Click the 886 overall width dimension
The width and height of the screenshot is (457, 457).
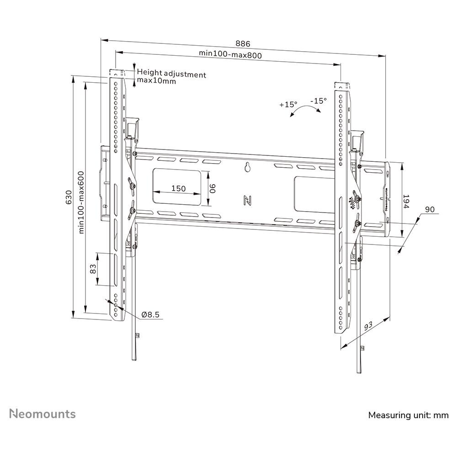click(243, 44)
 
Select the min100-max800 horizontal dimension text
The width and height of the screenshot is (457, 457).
click(230, 54)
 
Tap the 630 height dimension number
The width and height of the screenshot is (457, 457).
click(69, 197)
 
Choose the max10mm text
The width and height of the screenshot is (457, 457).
click(156, 80)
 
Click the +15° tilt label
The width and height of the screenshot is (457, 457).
click(288, 104)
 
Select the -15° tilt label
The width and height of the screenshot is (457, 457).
click(319, 101)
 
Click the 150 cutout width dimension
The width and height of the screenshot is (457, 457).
click(178, 188)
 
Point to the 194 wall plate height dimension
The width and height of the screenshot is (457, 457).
click(406, 202)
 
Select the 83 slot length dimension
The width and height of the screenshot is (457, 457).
click(93, 268)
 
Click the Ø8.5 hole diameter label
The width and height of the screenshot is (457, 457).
click(150, 314)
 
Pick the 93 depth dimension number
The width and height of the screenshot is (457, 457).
click(368, 326)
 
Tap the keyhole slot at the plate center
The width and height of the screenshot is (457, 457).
click(247, 167)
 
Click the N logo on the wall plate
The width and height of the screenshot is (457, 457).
click(247, 200)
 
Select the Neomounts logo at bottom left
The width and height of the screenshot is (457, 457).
click(43, 414)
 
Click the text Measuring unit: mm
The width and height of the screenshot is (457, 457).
click(408, 415)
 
